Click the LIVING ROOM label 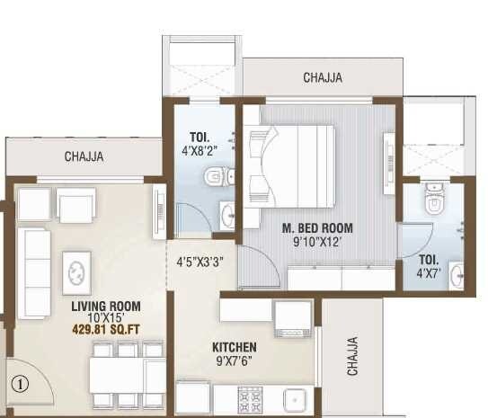(x=105, y=307)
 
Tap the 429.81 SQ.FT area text (x=105, y=330)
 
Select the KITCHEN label (x=235, y=347)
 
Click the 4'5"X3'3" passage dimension (x=200, y=262)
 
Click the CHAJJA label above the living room (x=84, y=156)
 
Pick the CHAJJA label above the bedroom (x=322, y=77)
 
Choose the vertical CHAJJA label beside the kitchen (x=352, y=356)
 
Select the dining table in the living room (x=126, y=369)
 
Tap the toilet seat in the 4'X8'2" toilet (x=214, y=177)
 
